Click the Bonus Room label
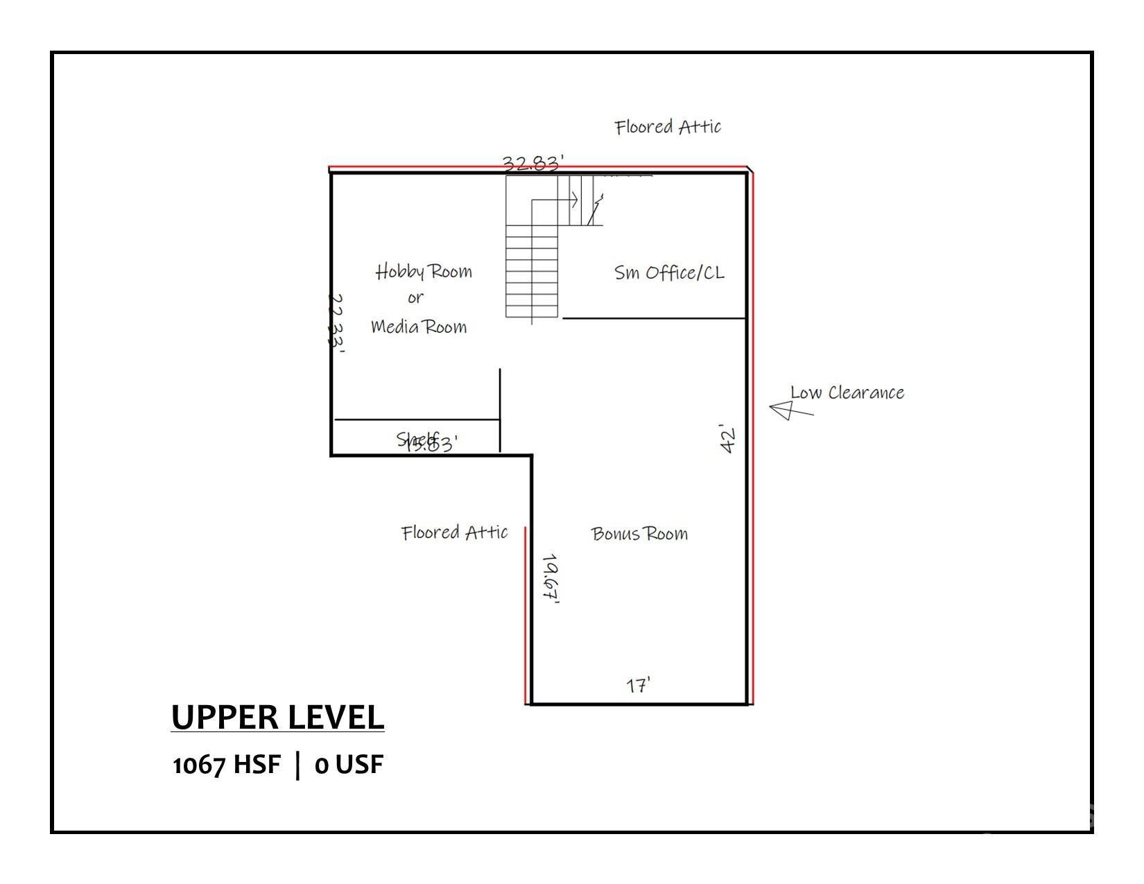click(639, 533)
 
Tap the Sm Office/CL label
click(669, 272)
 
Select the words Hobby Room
click(424, 271)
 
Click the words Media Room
click(419, 327)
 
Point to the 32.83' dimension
click(532, 164)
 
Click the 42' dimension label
click(728, 438)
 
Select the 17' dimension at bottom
click(638, 685)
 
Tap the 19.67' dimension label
click(552, 579)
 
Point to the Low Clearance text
click(847, 393)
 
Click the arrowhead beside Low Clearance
click(782, 410)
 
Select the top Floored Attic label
click(668, 127)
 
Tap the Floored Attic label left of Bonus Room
click(454, 532)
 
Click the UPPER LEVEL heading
click(277, 717)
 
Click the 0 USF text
click(349, 765)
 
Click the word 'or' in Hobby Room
click(415, 299)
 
